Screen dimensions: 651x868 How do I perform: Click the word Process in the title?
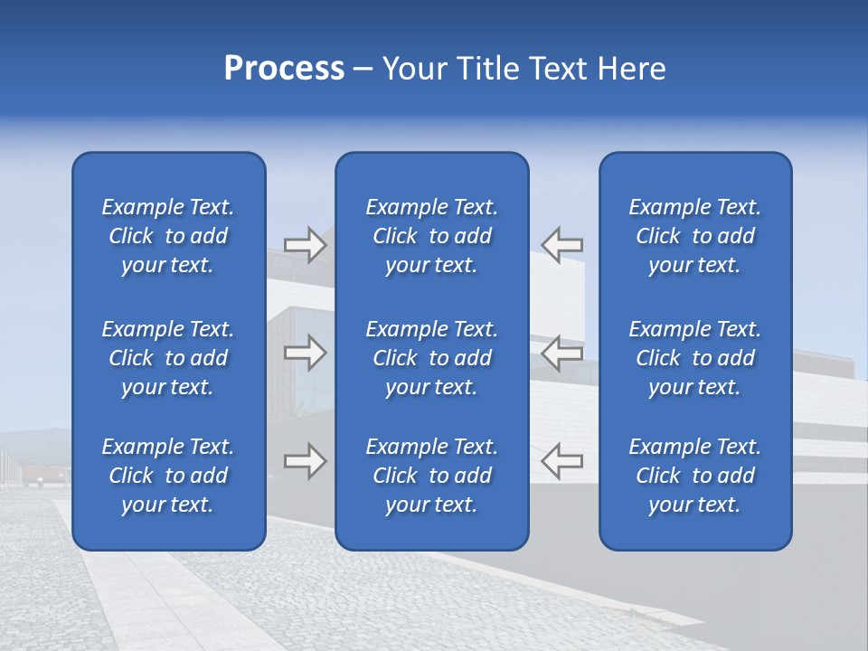coord(284,69)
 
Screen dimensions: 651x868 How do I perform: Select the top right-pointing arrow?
coord(306,245)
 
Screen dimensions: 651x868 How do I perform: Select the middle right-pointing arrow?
coord(306,353)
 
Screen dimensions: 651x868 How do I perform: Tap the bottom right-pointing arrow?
coord(306,461)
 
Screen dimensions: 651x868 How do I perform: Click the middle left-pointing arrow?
coord(561,353)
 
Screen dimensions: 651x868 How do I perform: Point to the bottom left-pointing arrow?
coord(561,461)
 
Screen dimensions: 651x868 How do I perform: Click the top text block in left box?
coord(168,236)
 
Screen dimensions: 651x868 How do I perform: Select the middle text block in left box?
coord(168,358)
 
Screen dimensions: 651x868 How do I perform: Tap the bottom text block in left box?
coord(168,476)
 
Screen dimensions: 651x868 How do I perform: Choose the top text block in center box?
coord(432,236)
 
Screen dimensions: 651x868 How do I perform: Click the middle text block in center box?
coord(432,358)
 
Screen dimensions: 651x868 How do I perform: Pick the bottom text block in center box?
coord(432,476)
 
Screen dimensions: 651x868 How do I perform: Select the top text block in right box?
coord(695,236)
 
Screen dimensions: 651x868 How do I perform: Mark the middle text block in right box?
coord(695,358)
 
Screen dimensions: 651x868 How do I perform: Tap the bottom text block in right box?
coord(695,476)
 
